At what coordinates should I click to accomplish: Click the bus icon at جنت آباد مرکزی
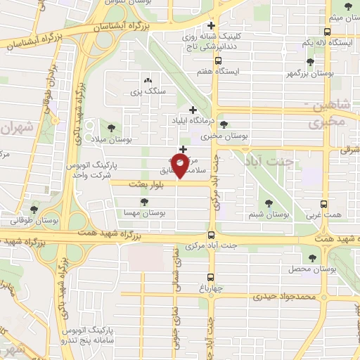point(211,236)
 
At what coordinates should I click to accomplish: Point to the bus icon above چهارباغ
point(210,276)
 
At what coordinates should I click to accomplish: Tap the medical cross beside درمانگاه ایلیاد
point(193,109)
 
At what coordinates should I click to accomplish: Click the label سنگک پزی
point(147,92)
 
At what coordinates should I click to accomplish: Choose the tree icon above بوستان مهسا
point(144,202)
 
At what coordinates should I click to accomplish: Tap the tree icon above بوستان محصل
point(311,257)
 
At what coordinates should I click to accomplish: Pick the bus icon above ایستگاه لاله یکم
point(327,32)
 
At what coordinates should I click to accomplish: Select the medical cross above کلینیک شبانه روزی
point(210,27)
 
